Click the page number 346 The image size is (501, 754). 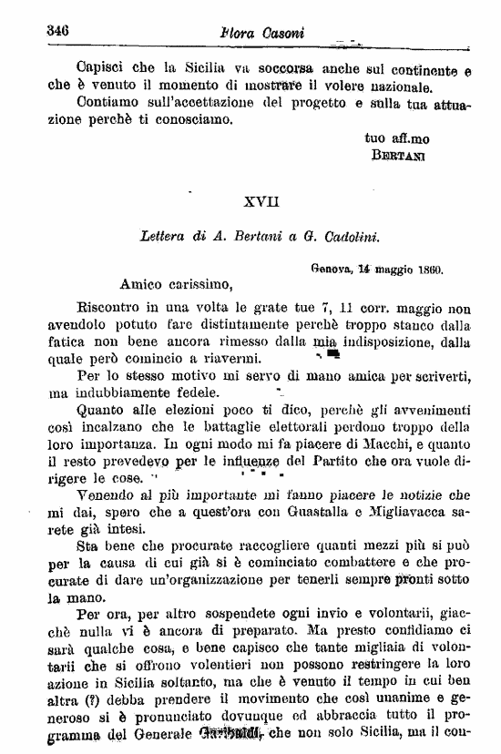point(57,30)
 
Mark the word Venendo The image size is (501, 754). point(106,495)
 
